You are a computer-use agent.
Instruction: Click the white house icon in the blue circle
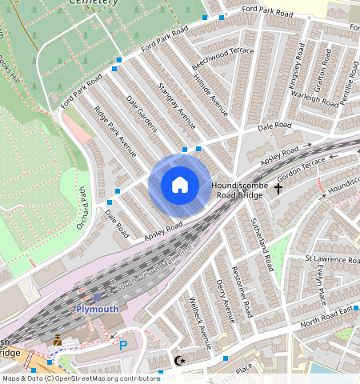pyautogui.click(x=180, y=186)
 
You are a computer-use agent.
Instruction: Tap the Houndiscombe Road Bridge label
pyautogui.click(x=238, y=190)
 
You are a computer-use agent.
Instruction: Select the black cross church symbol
pyautogui.click(x=278, y=189)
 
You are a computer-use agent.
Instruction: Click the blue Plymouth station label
pyautogui.click(x=97, y=310)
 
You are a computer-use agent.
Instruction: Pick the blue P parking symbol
pyautogui.click(x=122, y=346)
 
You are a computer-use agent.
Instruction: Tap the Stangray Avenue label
pyautogui.click(x=177, y=105)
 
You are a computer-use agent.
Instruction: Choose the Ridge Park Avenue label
pyautogui.click(x=115, y=130)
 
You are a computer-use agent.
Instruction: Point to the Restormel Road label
pyautogui.click(x=242, y=290)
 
